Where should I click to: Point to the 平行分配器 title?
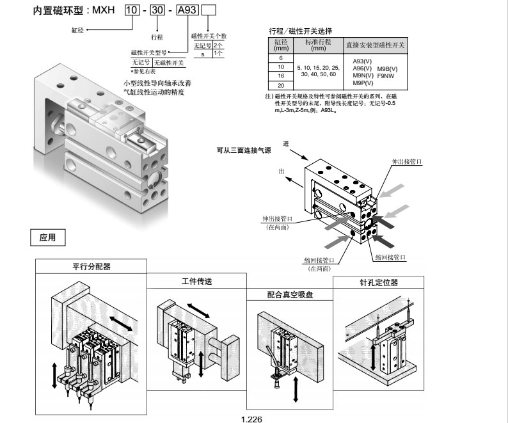(91, 266)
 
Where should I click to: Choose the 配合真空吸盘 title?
(294, 296)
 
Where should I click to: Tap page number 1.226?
(251, 419)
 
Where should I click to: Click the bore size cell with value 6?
(280, 58)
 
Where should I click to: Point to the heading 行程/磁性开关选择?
(301, 31)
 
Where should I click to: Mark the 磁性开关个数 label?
(209, 36)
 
